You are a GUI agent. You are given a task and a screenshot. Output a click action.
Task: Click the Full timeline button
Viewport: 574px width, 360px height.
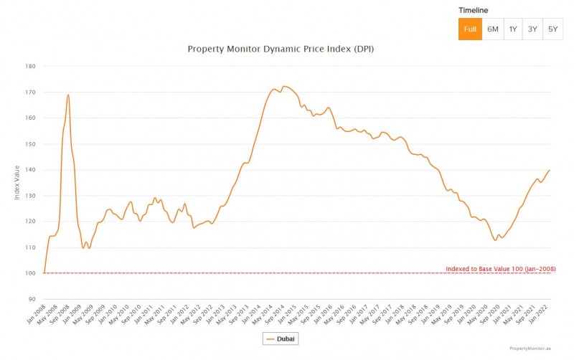(x=470, y=29)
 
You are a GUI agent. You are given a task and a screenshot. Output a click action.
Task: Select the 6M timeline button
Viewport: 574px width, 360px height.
(x=492, y=29)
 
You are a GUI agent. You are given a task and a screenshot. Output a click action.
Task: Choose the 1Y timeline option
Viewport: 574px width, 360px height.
(x=513, y=29)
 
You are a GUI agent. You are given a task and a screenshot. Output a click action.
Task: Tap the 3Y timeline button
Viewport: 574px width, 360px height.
(x=532, y=29)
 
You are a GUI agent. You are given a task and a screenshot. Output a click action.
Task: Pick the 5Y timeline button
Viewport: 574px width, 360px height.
(x=552, y=29)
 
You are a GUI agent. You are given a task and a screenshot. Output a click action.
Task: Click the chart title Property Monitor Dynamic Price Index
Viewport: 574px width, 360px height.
(x=281, y=49)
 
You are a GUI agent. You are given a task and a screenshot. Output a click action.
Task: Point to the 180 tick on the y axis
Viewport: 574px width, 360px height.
(x=30, y=66)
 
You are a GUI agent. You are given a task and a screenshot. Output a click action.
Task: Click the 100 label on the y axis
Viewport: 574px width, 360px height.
(x=30, y=273)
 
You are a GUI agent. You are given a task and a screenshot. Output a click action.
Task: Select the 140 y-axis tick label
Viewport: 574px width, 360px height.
(x=30, y=170)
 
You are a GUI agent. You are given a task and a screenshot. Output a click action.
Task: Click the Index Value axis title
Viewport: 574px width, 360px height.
(x=17, y=182)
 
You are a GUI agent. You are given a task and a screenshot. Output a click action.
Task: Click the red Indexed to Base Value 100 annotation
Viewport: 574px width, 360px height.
(x=500, y=269)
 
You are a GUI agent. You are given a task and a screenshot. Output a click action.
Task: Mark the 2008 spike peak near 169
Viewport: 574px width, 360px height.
(x=68, y=95)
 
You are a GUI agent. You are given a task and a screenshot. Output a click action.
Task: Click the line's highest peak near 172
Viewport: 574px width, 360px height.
(x=285, y=86)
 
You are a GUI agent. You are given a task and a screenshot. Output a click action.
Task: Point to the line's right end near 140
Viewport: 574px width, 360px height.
(x=550, y=170)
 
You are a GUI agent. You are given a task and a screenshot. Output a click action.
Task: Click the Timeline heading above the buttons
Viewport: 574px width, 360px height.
(x=473, y=11)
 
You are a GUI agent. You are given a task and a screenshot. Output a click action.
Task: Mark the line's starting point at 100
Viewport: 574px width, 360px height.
(x=44, y=273)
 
